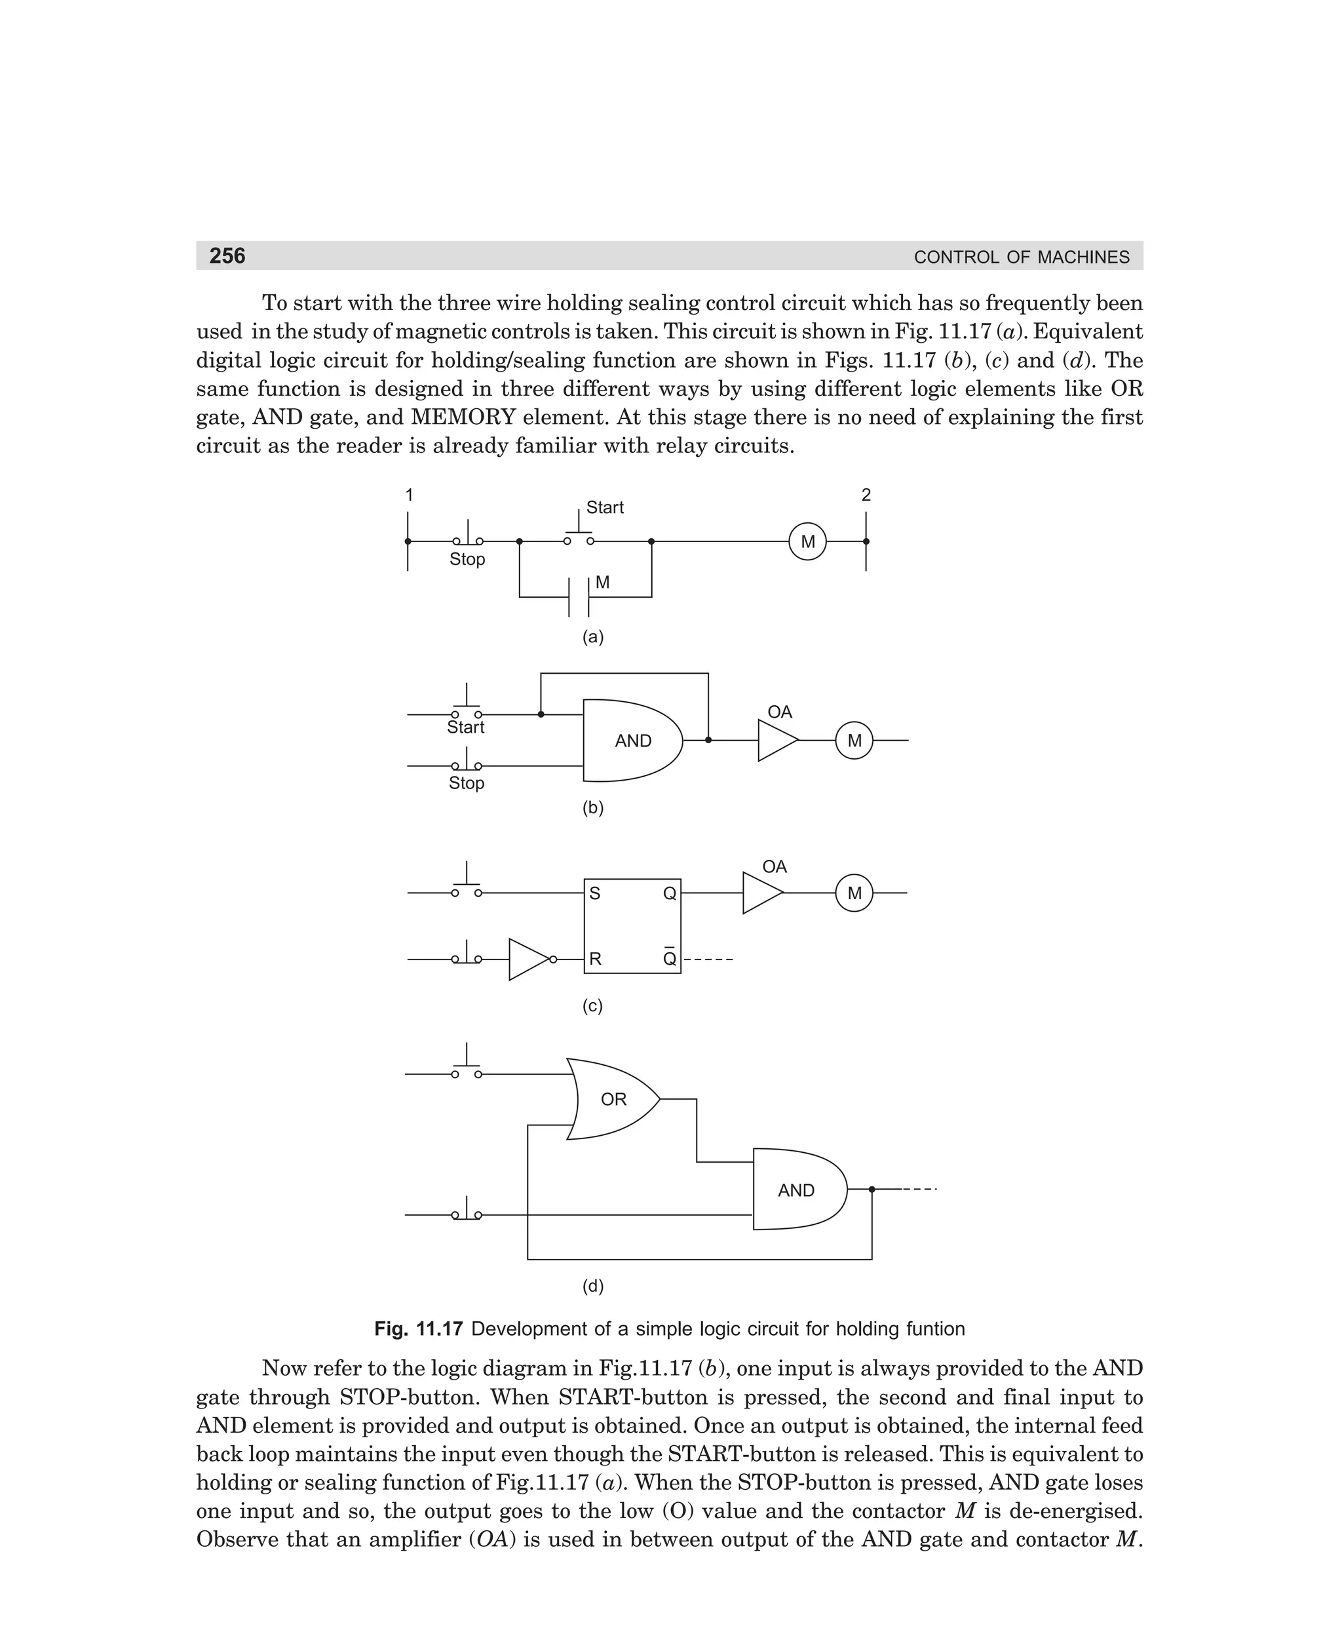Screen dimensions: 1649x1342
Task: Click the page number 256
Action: tap(227, 256)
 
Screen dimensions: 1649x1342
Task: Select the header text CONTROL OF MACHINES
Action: tap(1020, 258)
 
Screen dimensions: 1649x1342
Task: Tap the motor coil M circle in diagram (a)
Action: tap(807, 542)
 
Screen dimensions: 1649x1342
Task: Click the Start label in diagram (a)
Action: tap(605, 508)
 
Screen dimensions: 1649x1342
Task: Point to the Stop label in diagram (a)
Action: tap(467, 559)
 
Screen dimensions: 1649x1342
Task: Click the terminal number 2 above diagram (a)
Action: tap(866, 495)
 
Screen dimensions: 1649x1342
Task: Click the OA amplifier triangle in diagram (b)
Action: tap(775, 741)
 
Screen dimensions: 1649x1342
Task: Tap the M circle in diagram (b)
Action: tap(853, 741)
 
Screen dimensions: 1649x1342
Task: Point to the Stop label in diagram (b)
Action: tap(466, 783)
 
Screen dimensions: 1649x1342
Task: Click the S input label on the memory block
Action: tap(594, 894)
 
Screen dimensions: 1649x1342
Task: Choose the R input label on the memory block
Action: tap(595, 960)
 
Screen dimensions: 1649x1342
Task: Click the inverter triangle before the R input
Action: tap(529, 960)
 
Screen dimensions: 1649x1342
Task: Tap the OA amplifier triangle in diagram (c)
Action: tap(761, 893)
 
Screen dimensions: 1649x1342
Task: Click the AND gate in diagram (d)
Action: tap(797, 1190)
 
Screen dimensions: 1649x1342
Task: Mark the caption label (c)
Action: tap(592, 1006)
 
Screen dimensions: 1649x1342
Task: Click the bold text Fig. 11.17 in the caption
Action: tap(418, 1329)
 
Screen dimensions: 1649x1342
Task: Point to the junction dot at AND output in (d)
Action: tap(872, 1189)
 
